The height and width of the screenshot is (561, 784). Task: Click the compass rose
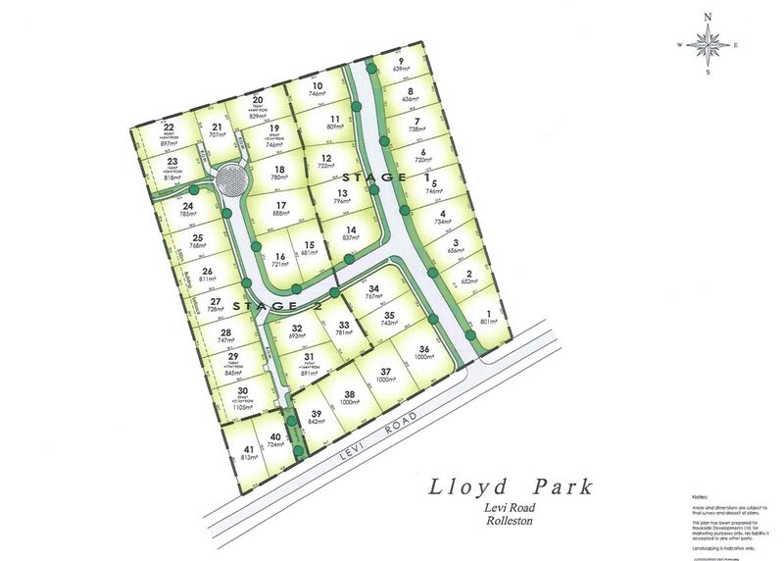708,43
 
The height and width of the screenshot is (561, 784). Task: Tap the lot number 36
423,350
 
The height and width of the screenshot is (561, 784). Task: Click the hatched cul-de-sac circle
232,181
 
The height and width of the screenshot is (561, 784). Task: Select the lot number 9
401,61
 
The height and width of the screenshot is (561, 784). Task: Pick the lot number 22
169,127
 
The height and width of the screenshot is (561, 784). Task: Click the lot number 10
317,86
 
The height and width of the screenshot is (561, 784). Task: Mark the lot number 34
373,288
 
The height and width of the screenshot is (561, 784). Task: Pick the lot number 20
258,100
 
